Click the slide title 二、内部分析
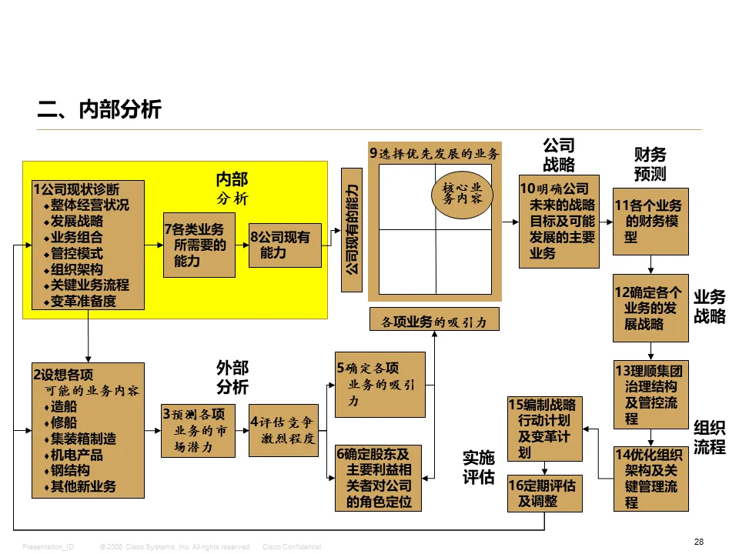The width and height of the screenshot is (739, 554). (x=99, y=110)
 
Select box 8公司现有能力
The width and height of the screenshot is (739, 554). (x=285, y=245)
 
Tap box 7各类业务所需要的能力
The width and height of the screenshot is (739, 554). (x=199, y=245)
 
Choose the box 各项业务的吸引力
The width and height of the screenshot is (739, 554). (x=434, y=319)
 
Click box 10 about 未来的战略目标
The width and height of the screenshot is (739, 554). (x=559, y=220)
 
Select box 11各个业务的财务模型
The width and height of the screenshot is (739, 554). (x=650, y=221)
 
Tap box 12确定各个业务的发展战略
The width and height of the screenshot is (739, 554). (x=650, y=308)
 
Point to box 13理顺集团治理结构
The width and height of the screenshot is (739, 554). (x=650, y=393)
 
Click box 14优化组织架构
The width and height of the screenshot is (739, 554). (x=650, y=479)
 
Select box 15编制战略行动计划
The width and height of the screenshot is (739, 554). (x=545, y=428)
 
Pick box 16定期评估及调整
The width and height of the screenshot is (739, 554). (x=545, y=493)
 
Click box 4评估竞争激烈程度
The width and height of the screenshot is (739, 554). (x=283, y=430)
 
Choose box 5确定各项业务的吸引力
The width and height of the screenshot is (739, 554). (x=380, y=385)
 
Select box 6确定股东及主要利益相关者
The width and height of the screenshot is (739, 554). (x=380, y=478)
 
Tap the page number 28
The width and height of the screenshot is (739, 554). (x=698, y=542)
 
